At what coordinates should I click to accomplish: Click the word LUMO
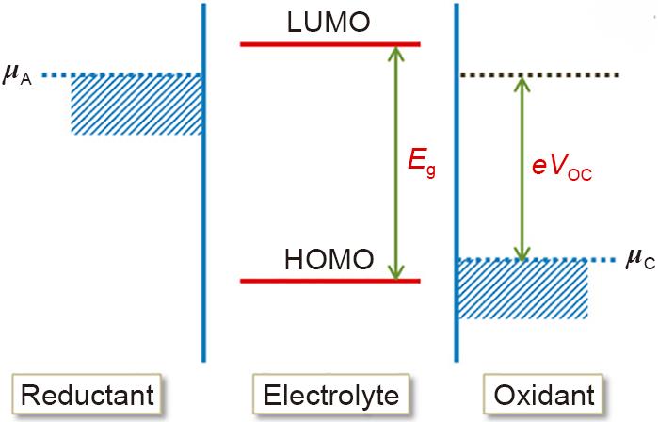point(329,23)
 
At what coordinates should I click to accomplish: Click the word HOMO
point(329,259)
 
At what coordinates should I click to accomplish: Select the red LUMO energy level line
point(330,44)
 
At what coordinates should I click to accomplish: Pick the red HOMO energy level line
point(330,281)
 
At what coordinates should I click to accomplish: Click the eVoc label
point(562,167)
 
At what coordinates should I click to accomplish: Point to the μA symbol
point(17,75)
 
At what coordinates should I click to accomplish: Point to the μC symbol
point(640,258)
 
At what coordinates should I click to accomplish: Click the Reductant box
point(87,395)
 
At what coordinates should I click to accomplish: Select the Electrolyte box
point(330,395)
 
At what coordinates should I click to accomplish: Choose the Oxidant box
point(543,395)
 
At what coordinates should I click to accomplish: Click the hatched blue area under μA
point(136,105)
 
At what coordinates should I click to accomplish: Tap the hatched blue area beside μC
point(522,289)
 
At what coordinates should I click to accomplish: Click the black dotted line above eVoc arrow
point(539,75)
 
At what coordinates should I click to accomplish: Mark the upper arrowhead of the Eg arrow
point(395,53)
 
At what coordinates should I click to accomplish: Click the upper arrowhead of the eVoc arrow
point(522,85)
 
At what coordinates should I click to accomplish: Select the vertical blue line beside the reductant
point(203,183)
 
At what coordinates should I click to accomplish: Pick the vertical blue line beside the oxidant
point(457,183)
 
